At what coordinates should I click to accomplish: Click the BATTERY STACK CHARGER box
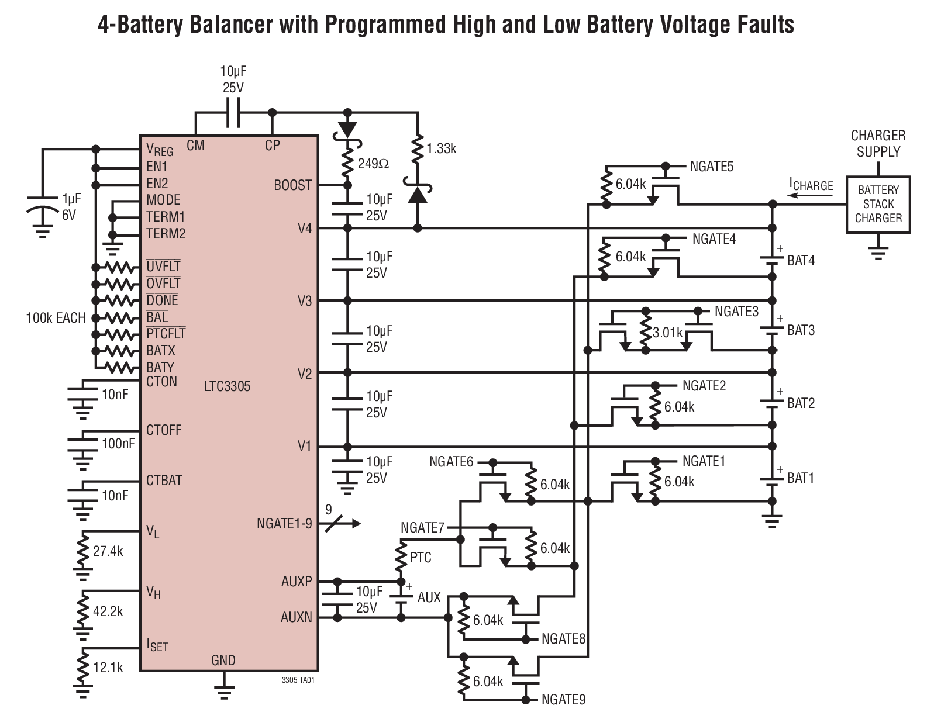(x=878, y=205)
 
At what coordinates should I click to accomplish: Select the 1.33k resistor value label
(x=442, y=149)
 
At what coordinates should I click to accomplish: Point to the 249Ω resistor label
(x=373, y=164)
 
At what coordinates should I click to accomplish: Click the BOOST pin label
(x=292, y=185)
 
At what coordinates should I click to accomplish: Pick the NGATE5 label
(x=711, y=167)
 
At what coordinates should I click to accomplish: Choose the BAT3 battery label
(x=801, y=330)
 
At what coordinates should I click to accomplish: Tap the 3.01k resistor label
(x=667, y=333)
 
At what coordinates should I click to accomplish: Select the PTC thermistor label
(x=421, y=558)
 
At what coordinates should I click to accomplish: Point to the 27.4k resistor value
(x=108, y=551)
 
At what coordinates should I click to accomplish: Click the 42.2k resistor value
(x=108, y=611)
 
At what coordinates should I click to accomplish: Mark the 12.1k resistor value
(x=108, y=667)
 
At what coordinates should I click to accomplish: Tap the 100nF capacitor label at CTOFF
(x=118, y=444)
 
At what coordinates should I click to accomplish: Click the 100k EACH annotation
(x=56, y=319)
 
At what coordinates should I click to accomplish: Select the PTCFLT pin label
(x=166, y=334)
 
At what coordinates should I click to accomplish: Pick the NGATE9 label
(x=563, y=700)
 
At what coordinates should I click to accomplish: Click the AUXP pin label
(x=297, y=582)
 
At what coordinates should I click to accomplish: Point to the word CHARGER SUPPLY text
(x=878, y=144)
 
